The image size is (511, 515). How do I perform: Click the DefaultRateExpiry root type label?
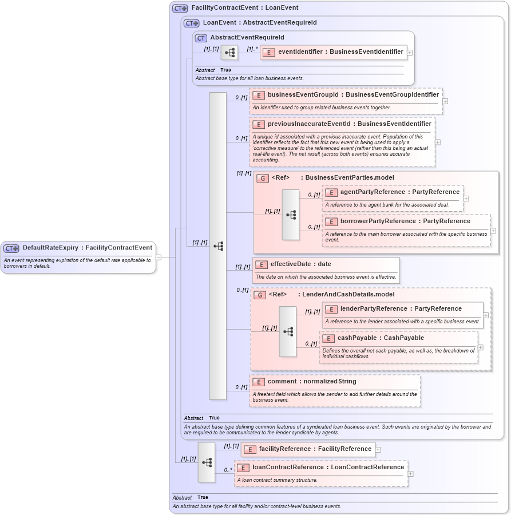[87, 248]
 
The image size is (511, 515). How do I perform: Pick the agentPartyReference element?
[399, 192]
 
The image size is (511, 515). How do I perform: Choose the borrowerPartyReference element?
[405, 221]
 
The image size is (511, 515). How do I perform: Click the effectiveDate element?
[300, 264]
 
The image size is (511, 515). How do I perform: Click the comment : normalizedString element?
[312, 382]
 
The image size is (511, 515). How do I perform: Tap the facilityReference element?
[315, 449]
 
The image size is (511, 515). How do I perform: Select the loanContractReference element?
[328, 468]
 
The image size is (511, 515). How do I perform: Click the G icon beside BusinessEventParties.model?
[263, 179]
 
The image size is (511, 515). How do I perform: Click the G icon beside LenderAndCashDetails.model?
[260, 295]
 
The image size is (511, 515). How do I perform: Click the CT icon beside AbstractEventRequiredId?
[201, 38]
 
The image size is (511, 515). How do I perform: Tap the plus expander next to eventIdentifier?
[410, 52]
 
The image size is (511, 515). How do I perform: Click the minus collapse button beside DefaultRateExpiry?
[159, 257]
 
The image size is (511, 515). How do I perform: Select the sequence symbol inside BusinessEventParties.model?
[291, 215]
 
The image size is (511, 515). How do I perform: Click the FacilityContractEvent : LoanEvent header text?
[244, 9]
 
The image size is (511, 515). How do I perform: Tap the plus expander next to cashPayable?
[481, 347]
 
